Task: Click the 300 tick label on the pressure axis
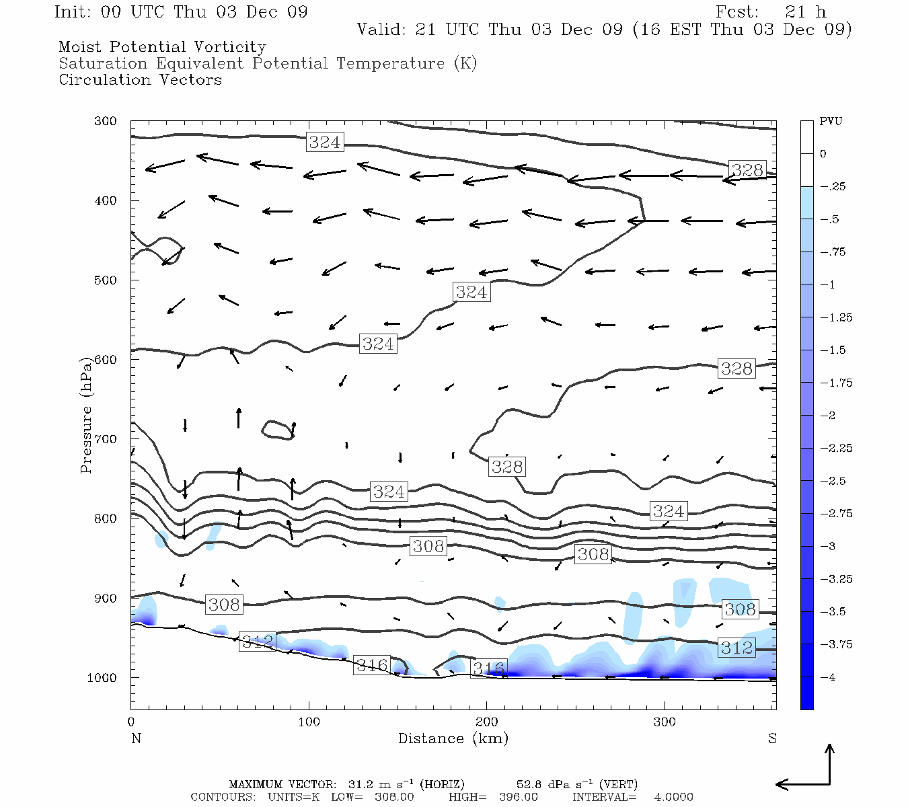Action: [106, 121]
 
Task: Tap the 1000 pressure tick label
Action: [102, 678]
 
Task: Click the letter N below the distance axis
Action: [136, 738]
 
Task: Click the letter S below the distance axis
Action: [772, 738]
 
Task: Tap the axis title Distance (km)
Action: [453, 738]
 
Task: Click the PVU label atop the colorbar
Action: [831, 121]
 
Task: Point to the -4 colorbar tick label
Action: [827, 677]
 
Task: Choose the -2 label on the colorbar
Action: [827, 416]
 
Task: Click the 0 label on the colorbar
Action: [823, 154]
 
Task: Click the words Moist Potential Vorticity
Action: [162, 47]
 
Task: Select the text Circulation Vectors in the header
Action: [140, 80]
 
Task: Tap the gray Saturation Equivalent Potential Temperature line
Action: [267, 64]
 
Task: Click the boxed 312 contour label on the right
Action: [736, 648]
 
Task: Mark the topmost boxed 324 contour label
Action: [324, 142]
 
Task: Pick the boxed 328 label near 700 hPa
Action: [506, 467]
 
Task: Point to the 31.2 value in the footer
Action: [360, 784]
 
